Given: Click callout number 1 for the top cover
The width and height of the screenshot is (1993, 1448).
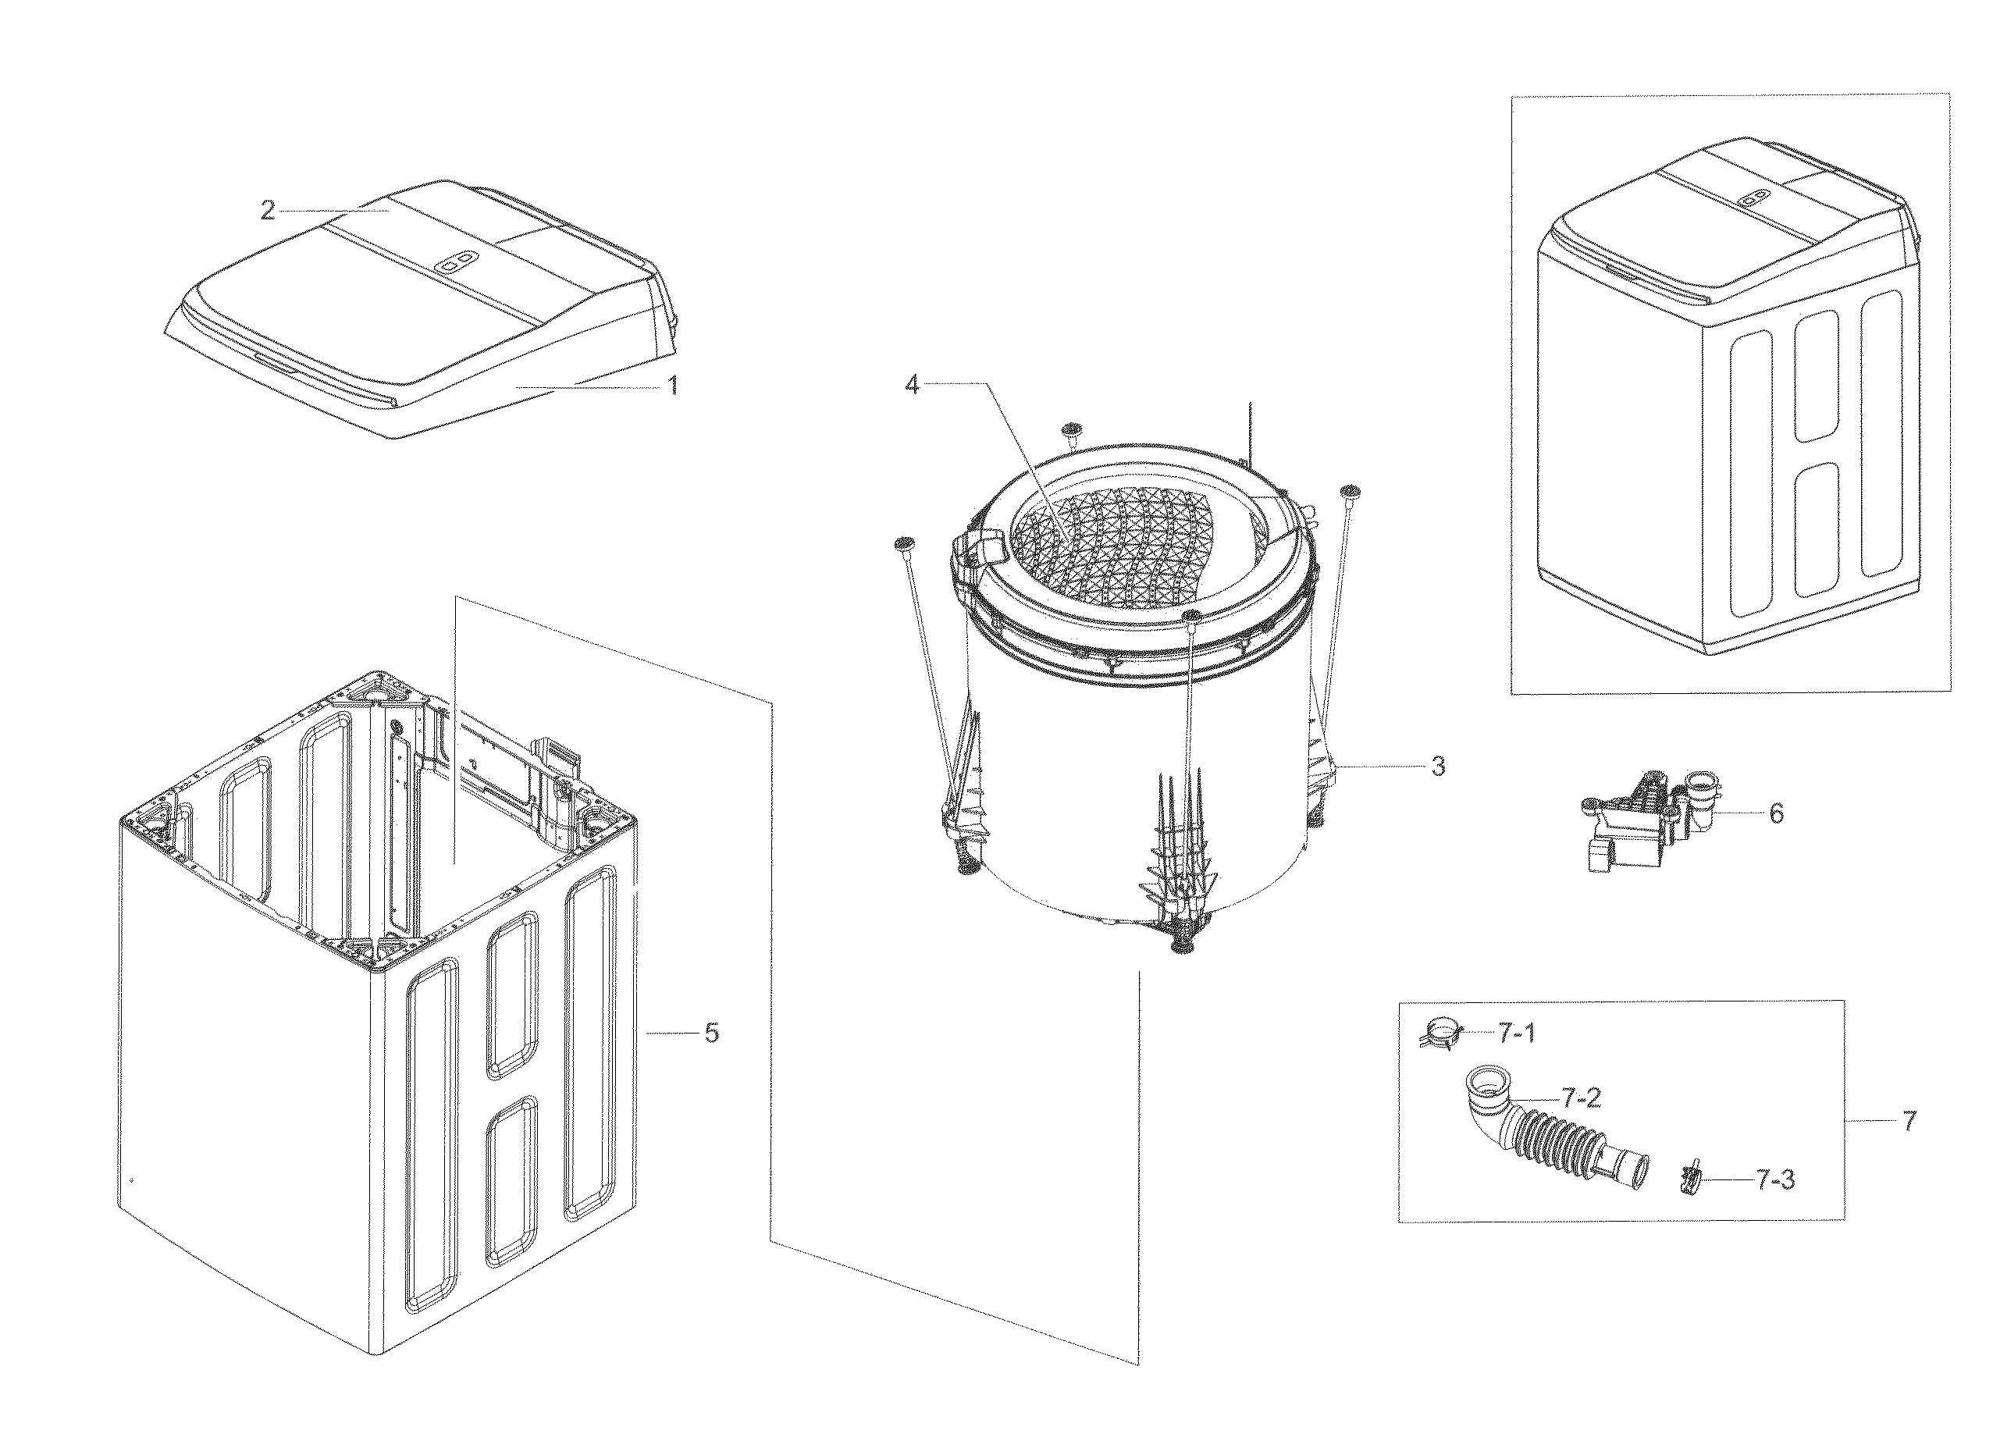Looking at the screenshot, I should point(673,386).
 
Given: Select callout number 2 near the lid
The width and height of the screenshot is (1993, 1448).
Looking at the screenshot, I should point(268,211).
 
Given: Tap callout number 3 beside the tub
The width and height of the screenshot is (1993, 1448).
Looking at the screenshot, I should point(1438,767).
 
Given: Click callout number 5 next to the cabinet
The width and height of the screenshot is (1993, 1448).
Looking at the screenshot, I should point(712,1034).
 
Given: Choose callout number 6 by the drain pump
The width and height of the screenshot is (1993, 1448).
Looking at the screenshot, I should point(1776,813).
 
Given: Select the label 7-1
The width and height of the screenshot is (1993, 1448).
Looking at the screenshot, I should point(1517,1034).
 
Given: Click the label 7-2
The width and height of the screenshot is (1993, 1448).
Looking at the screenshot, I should point(1581,1098).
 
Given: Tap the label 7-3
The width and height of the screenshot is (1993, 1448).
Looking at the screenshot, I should point(1775,1180).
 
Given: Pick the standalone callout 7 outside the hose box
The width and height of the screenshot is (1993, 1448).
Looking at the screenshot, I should point(1909,1121).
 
